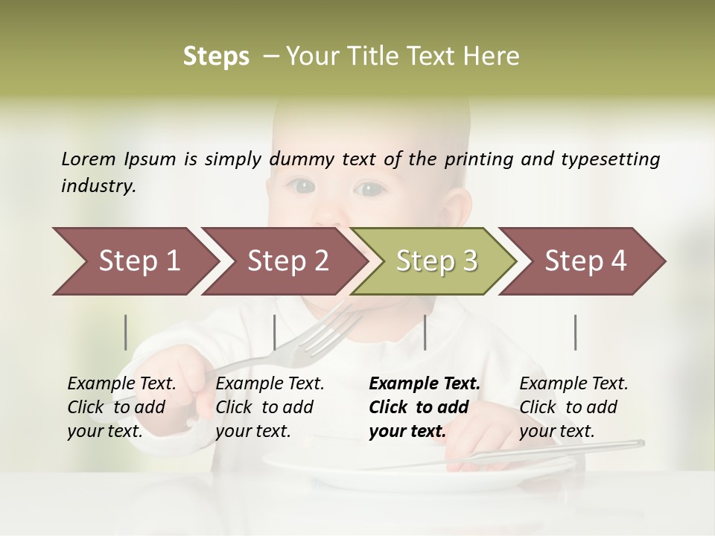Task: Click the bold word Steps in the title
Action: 216,57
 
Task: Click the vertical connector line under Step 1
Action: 126,332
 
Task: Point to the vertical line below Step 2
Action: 275,332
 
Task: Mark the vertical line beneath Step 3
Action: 425,332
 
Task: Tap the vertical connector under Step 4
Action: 576,332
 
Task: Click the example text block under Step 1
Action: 122,407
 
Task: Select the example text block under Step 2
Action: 270,407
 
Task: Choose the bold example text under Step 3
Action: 424,407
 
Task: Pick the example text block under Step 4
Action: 573,407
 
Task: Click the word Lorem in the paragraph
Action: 89,159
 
